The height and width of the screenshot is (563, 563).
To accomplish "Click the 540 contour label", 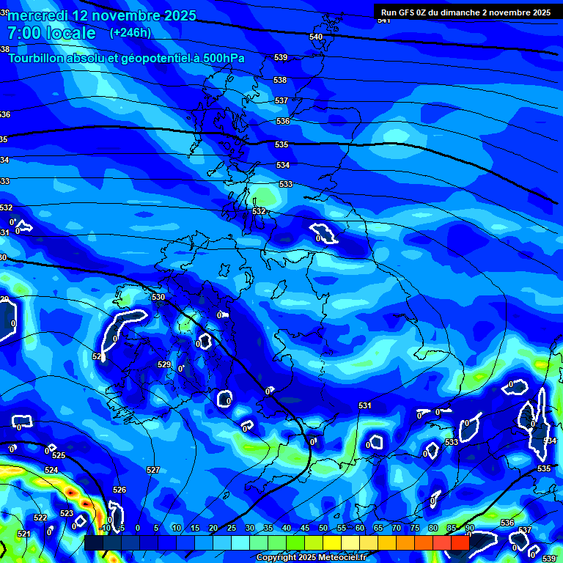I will pos(316,37).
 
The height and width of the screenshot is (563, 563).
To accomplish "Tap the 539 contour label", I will pos(281,57).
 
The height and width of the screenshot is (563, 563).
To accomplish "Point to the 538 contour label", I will pos(280,80).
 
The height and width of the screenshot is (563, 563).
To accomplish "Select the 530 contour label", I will pos(158,297).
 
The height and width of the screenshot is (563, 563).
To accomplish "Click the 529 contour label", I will pos(164,364).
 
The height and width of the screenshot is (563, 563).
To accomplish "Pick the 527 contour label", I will pos(152,470).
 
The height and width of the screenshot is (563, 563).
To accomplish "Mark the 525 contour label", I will pos(59,455).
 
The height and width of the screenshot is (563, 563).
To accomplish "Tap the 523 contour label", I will pos(67,513).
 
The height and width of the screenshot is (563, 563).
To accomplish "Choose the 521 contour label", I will pos(23,534).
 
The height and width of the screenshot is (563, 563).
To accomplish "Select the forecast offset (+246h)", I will pos(130,33).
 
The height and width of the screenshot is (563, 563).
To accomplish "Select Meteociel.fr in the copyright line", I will pos(342,557).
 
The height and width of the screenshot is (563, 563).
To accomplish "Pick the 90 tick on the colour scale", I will pos(469,528).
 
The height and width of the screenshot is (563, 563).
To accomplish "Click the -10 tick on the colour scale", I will pos(105,528).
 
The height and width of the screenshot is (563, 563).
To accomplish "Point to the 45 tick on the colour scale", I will pos(304,528).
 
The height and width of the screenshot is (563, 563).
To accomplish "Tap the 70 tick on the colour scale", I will pos(396,528).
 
